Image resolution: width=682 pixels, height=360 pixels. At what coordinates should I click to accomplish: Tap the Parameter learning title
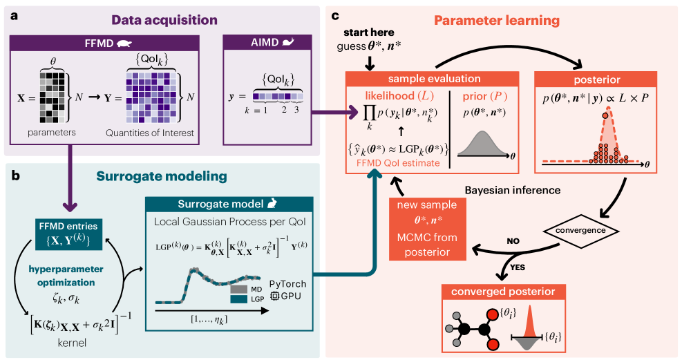pos(497,20)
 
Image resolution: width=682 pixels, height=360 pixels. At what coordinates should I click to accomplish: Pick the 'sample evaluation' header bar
pos(434,79)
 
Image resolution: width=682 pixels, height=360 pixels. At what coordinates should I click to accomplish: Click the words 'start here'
pos(370,33)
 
